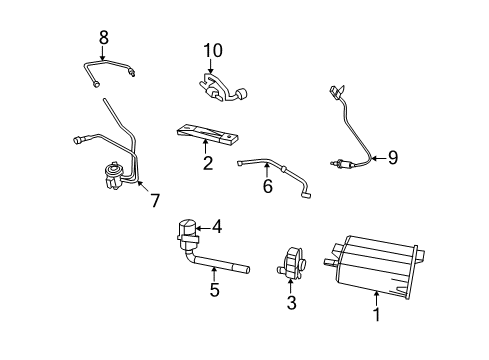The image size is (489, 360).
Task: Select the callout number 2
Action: [208, 163]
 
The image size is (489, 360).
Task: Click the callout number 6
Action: [267, 187]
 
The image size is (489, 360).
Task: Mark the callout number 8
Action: [103, 39]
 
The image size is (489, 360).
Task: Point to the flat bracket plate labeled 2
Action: [210, 135]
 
